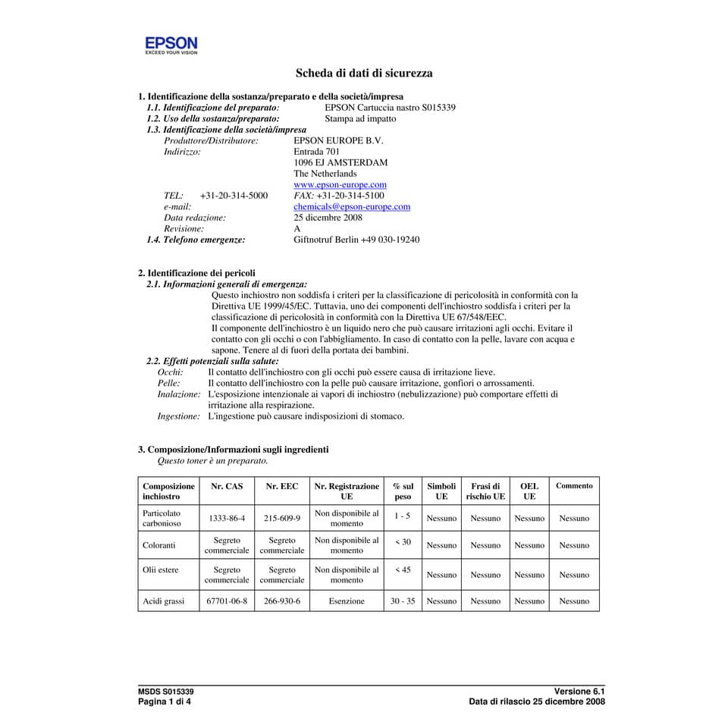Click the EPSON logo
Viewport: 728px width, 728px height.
[171, 45]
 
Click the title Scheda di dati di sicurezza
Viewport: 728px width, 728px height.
[364, 74]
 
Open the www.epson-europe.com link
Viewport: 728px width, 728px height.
[340, 184]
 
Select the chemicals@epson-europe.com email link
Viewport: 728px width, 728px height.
[352, 206]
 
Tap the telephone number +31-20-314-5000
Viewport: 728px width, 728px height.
[234, 196]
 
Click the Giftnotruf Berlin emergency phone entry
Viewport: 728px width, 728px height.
[356, 240]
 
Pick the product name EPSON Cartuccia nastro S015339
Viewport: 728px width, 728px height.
[390, 108]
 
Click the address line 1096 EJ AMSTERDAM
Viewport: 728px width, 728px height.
[340, 162]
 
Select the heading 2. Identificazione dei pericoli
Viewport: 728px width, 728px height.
[196, 273]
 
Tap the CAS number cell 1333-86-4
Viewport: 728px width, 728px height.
[227, 519]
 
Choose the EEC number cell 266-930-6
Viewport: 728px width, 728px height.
[282, 601]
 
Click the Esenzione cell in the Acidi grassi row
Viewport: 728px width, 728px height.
[347, 601]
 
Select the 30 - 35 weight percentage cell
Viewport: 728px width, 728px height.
[403, 601]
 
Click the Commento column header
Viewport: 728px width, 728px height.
[574, 485]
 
